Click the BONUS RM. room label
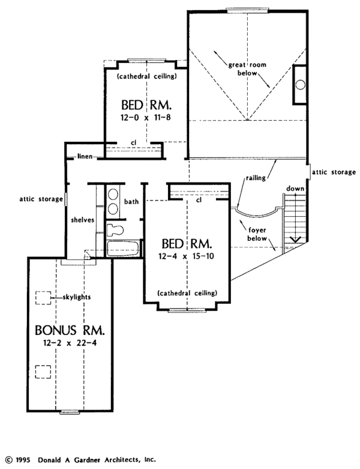[70, 330]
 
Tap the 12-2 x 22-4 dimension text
[70, 343]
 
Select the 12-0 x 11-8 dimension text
[146, 117]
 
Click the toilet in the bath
[115, 230]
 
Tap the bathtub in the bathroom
[123, 249]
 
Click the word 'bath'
[131, 202]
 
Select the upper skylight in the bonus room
[43, 298]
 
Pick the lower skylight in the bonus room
[43, 372]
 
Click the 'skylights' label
[77, 297]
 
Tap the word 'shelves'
[82, 220]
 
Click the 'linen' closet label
[85, 156]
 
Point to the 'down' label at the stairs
[295, 189]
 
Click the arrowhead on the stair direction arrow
[295, 239]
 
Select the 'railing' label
[256, 178]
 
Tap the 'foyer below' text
[257, 234]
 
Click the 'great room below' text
[247, 69]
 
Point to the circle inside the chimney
[301, 85]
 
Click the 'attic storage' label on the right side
[334, 172]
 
